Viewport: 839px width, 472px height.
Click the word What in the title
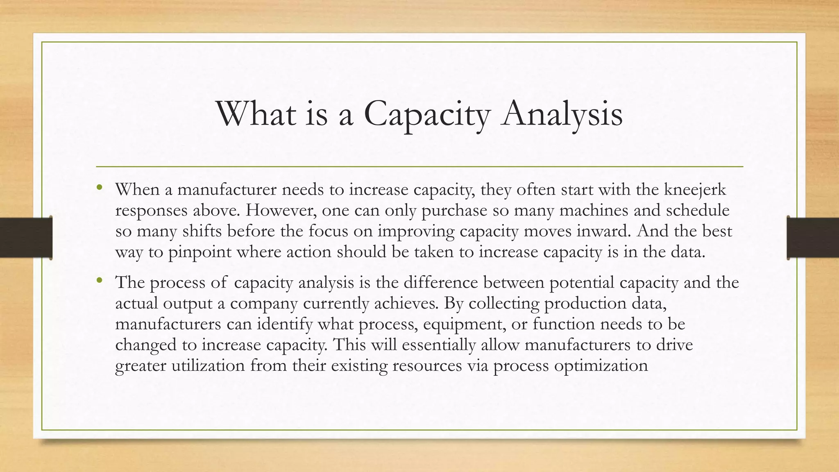[255, 113]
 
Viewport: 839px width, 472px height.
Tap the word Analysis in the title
[562, 113]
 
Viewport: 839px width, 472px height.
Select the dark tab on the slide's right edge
[813, 238]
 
